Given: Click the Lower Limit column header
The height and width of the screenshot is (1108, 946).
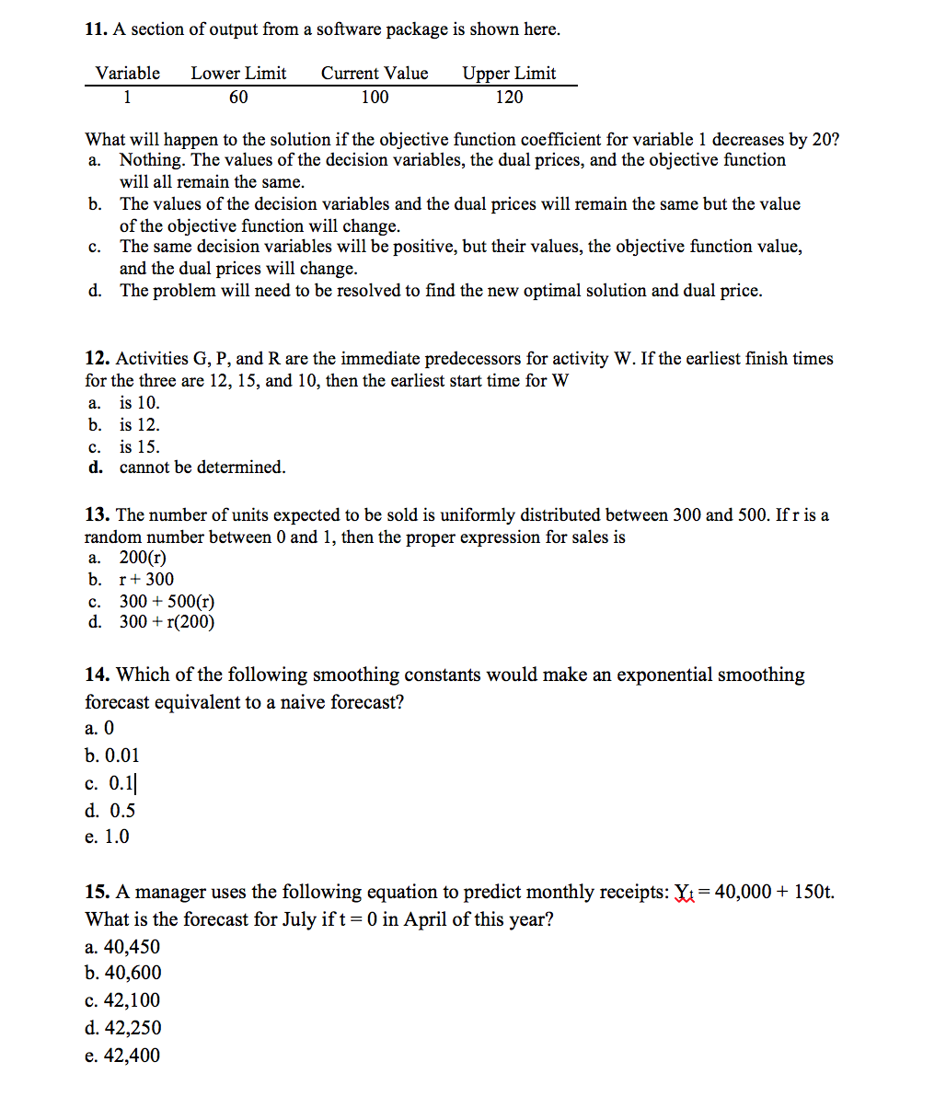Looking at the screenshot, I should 238,74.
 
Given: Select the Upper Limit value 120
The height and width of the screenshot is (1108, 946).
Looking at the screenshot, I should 509,98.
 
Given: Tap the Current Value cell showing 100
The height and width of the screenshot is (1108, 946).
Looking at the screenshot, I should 375,98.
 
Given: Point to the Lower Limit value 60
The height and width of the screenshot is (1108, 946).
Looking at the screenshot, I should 238,98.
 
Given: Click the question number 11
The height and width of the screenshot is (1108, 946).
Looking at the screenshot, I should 95,29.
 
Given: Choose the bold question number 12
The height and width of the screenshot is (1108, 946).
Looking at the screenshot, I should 98,359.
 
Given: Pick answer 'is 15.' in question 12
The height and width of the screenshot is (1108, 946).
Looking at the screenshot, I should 139,447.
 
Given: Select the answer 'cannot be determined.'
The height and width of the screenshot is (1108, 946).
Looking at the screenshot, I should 202,467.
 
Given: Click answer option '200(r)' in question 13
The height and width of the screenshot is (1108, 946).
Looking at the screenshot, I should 143,558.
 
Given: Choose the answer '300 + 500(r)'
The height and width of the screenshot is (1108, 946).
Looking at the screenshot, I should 167,602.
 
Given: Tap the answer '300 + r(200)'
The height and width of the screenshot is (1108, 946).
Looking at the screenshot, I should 167,622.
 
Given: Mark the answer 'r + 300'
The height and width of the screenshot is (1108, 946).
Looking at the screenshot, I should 146,580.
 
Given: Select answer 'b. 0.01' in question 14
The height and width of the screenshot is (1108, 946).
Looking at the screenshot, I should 112,756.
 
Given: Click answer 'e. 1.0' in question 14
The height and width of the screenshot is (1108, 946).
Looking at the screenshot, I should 108,837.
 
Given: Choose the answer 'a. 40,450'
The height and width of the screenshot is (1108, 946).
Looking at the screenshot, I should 122,947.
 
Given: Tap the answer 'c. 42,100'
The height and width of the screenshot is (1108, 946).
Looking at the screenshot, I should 122,1000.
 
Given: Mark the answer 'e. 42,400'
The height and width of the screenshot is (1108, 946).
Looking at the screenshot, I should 122,1056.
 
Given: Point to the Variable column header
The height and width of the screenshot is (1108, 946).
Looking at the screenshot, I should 128,74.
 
